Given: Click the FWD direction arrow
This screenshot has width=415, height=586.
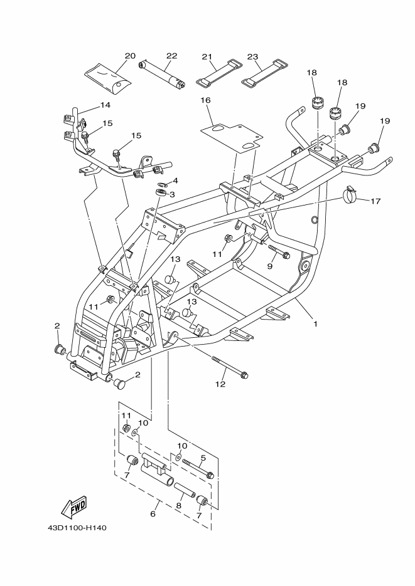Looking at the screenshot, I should [74, 506].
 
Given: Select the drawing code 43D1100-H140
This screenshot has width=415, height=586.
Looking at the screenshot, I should [77, 527].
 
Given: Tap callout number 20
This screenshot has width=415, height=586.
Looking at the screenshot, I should [130, 56].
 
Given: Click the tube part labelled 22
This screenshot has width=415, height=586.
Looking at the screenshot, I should [164, 73].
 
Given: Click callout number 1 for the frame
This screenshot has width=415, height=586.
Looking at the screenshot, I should [315, 324].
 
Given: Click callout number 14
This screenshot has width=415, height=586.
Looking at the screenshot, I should [104, 105].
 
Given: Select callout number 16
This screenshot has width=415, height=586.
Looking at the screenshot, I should [205, 100].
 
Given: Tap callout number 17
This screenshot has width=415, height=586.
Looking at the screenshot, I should [376, 201].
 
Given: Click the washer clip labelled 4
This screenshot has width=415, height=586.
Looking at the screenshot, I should [163, 184].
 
